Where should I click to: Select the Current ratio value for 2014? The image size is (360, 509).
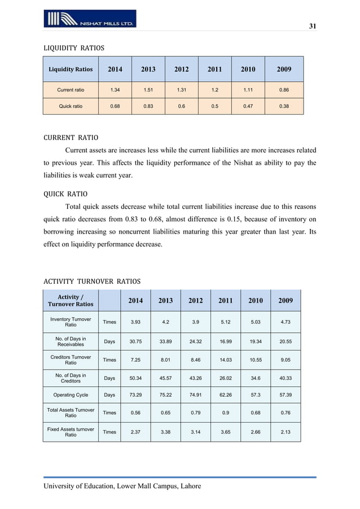(x=115, y=90)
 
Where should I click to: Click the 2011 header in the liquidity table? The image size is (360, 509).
(x=214, y=69)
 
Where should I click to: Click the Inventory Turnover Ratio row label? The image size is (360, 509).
(x=71, y=322)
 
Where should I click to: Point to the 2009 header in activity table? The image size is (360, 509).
(x=286, y=300)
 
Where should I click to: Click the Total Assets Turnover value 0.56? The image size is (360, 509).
(x=135, y=413)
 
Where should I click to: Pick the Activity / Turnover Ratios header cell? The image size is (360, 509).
(x=71, y=300)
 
